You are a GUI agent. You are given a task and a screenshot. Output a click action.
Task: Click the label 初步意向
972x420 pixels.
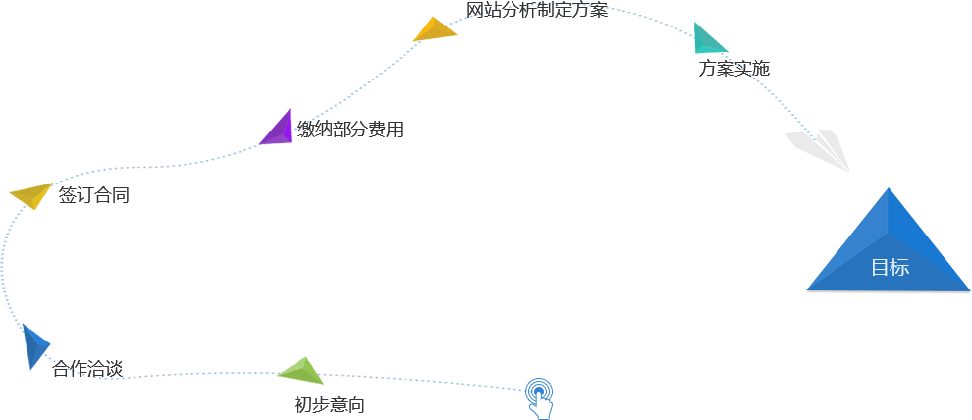(329, 405)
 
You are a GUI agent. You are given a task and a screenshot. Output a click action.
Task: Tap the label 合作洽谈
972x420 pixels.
(87, 369)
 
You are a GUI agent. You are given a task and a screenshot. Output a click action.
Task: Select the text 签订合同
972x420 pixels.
(93, 195)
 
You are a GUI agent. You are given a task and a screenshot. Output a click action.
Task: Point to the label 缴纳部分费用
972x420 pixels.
(351, 130)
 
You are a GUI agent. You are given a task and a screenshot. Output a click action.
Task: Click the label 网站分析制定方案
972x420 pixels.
(537, 11)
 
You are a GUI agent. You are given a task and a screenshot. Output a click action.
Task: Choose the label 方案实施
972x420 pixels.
(733, 69)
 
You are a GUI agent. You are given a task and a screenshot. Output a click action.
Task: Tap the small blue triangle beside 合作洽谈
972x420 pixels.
(34, 346)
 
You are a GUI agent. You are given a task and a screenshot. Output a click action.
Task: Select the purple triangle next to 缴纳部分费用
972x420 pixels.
(279, 130)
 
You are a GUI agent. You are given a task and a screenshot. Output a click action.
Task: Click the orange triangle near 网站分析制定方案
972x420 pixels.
(435, 30)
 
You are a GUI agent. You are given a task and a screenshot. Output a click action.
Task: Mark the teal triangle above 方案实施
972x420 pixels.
(707, 39)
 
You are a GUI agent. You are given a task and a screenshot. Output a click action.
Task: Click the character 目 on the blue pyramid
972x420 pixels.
(880, 268)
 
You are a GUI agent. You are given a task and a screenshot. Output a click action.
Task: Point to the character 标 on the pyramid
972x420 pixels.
(899, 268)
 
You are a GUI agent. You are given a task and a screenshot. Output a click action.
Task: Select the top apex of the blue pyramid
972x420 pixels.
(889, 189)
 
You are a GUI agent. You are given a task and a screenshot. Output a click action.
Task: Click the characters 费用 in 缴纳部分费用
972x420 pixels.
(386, 130)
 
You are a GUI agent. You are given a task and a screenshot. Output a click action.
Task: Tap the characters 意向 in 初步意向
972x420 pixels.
(347, 405)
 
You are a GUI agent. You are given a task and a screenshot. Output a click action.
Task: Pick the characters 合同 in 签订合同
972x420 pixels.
(112, 195)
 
